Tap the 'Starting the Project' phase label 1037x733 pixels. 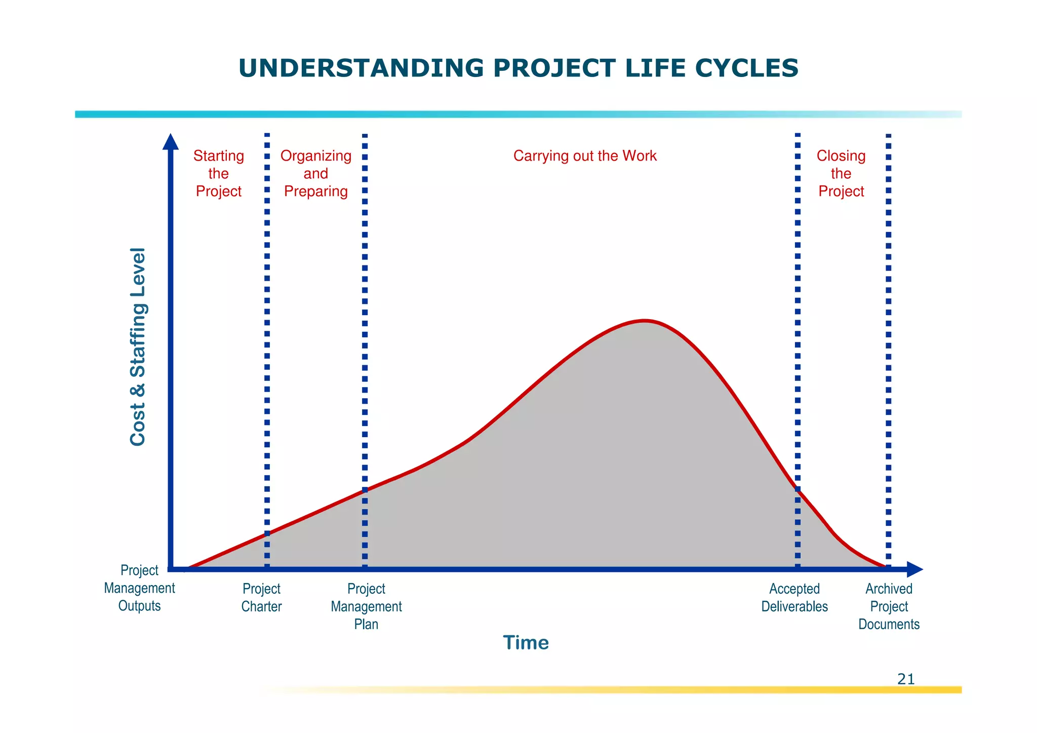coord(219,174)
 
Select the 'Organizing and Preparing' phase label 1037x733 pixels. coord(316,174)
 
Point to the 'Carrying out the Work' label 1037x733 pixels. coord(585,156)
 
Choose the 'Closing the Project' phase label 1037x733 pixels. coord(841,174)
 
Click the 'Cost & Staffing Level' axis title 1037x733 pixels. coord(138,347)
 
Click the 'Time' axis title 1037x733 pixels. coord(526,643)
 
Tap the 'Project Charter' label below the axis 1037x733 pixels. coord(261,598)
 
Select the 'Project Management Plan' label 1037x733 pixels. coord(366,606)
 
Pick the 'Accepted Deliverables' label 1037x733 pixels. coord(794,598)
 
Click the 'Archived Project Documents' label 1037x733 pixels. coord(889,606)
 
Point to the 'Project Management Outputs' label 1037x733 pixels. coord(139,588)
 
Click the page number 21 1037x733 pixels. coord(906,679)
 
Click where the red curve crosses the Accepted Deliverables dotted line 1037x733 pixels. coord(797,489)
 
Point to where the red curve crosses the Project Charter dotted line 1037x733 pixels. coord(267,533)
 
